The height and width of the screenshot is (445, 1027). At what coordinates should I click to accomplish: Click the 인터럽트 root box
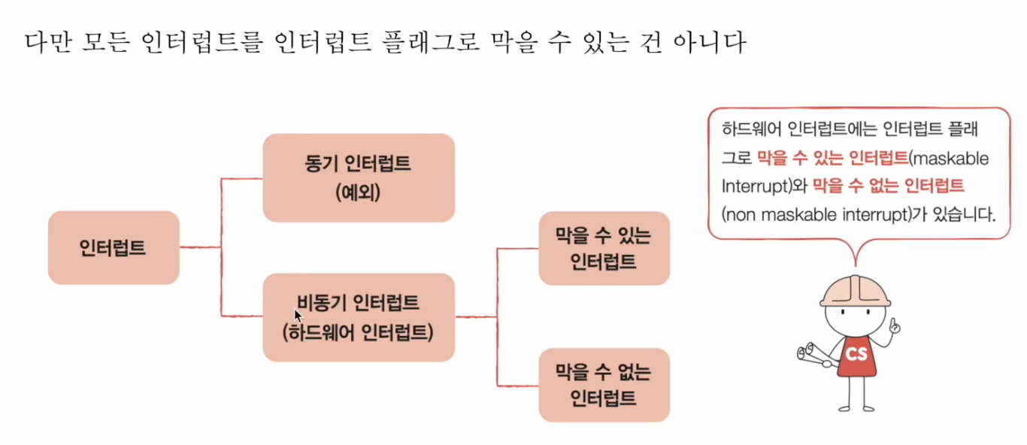coord(113,247)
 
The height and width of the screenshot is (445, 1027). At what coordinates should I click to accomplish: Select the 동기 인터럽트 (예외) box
coord(359,177)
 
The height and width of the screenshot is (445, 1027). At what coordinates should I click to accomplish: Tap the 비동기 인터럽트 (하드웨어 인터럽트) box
coord(359,317)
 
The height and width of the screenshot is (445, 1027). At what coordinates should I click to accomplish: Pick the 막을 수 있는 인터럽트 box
coord(604,248)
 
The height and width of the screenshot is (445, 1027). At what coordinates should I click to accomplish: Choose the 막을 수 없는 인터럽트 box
coord(604,384)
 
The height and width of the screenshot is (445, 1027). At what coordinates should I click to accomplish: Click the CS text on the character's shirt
coord(856,354)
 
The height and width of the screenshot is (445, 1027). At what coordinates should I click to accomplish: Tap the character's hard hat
coord(855,289)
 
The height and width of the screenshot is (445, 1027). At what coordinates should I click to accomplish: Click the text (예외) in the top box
coord(359,192)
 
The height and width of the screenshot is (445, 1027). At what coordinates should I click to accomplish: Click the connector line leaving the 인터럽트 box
coord(200,247)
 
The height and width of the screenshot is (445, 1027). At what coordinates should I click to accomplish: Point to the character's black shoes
coord(856,408)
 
